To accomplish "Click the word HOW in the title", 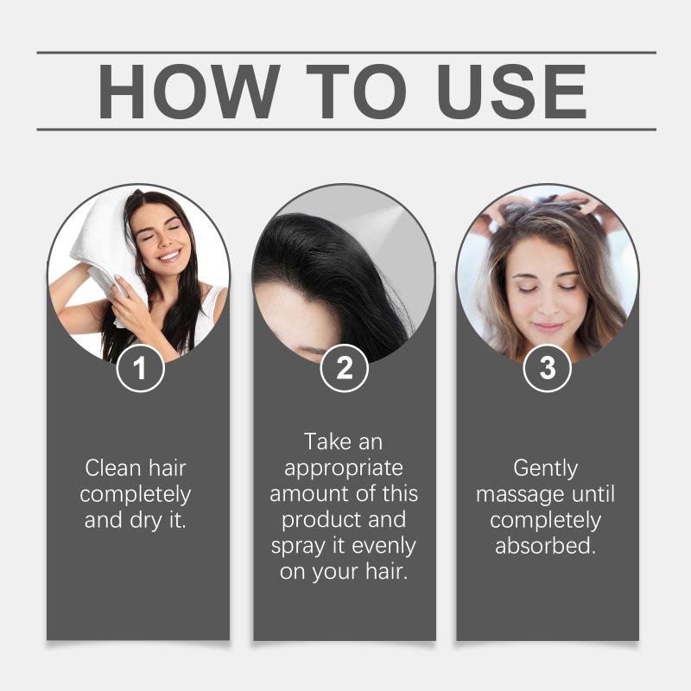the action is (x=188, y=92).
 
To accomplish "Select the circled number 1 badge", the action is (x=140, y=368).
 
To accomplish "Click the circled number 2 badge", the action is (x=344, y=368).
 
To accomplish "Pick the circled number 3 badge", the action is (x=548, y=368).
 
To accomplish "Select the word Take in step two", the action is (x=328, y=441).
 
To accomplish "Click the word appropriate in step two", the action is (x=344, y=469).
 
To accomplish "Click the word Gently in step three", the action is (x=546, y=469).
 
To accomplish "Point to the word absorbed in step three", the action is (x=546, y=546).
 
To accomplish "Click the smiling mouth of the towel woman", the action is (x=170, y=256).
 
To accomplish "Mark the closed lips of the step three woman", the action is (x=548, y=327).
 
